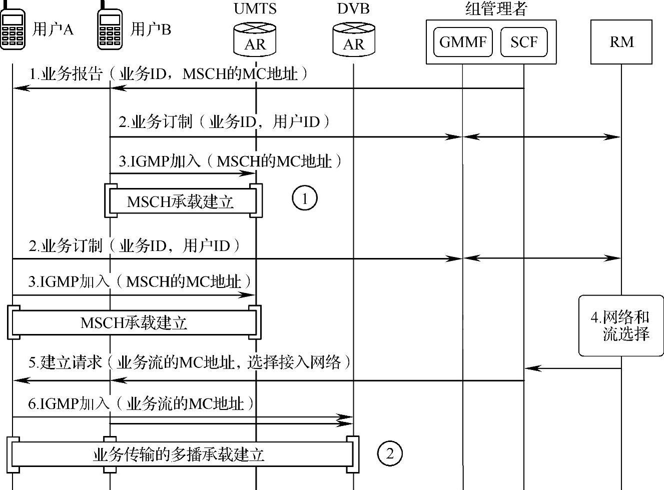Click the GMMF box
pyautogui.click(x=462, y=42)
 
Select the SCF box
pyautogui.click(x=523, y=42)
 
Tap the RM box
pyautogui.click(x=621, y=42)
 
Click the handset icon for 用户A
pyautogui.click(x=13, y=27)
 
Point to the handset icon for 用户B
pyautogui.click(x=110, y=27)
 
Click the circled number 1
pyautogui.click(x=304, y=198)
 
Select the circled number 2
pyautogui.click(x=389, y=453)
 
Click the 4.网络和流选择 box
pyautogui.click(x=621, y=325)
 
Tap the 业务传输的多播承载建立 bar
pyautogui.click(x=180, y=454)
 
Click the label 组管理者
pyautogui.click(x=496, y=8)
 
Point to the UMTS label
pyautogui.click(x=255, y=8)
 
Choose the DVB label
pyautogui.click(x=353, y=8)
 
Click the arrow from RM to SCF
pyautogui.click(x=573, y=368)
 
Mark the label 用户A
pyautogui.click(x=53, y=29)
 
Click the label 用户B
pyautogui.click(x=151, y=29)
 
